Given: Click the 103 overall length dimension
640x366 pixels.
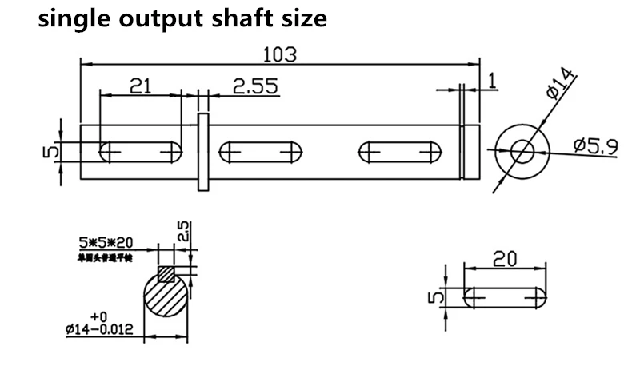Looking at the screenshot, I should pos(280,54).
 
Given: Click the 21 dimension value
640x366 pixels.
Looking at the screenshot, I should pos(140,86).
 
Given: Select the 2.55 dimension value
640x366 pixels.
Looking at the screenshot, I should pos(255,86).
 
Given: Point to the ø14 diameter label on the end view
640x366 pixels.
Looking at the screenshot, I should pos(561,84).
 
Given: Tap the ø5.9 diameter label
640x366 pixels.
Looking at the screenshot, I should pos(596,146).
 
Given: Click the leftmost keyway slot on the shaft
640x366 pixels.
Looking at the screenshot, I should pos(138,149).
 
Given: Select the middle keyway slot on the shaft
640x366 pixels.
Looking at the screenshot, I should pos(259,149).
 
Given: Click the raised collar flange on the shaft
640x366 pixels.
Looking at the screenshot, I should pos(203,152).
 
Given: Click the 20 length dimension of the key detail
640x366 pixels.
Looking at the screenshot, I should pos(506,260).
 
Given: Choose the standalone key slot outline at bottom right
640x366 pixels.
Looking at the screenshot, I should pos(506,298).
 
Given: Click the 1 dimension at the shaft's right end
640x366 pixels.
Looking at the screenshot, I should pos(491,79).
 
